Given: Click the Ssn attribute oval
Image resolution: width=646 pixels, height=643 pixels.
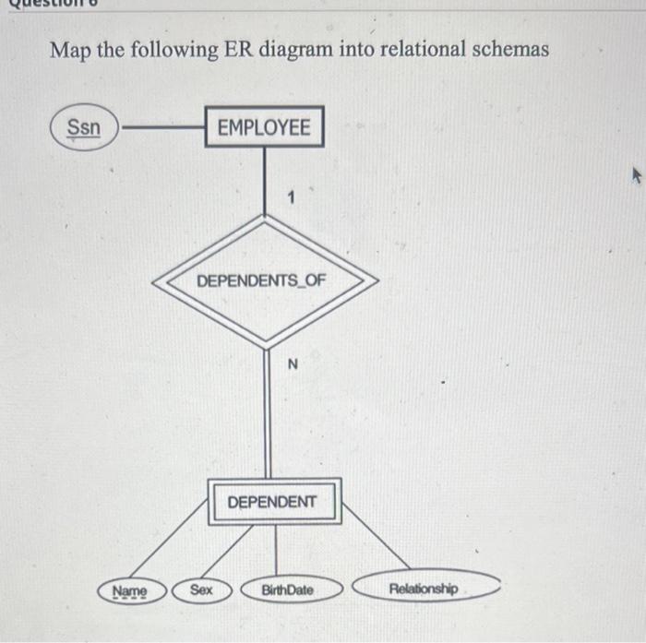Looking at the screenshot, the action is pyautogui.click(x=84, y=127).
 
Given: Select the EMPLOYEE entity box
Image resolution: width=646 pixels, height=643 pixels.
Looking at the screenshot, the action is pyautogui.click(x=264, y=127).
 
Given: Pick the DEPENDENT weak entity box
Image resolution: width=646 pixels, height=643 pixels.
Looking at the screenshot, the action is pyautogui.click(x=274, y=501).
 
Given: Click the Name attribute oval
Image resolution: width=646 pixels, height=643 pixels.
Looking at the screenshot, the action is pyautogui.click(x=129, y=589).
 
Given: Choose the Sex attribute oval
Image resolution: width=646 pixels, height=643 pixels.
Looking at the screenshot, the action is pyautogui.click(x=200, y=589).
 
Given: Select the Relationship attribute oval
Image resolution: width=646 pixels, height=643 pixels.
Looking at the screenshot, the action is pyautogui.click(x=425, y=587).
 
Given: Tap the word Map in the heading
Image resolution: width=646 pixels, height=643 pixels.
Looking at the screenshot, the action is pyautogui.click(x=70, y=49).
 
